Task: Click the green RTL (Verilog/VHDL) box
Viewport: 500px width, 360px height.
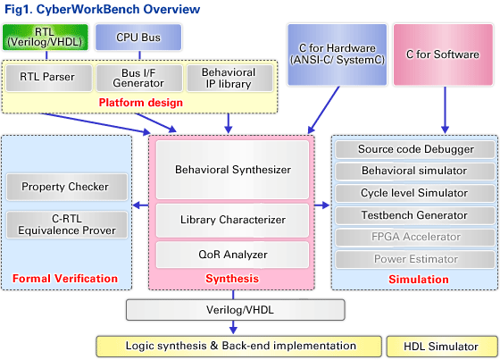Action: point(45,37)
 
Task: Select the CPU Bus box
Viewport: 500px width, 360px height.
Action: point(138,37)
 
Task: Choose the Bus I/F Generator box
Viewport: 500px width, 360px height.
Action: point(139,78)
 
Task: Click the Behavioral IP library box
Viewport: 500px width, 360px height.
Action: point(229,78)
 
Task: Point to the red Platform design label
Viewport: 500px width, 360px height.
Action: point(141,103)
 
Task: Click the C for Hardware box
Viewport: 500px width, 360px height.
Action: point(337,54)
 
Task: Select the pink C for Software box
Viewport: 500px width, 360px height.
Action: point(443,54)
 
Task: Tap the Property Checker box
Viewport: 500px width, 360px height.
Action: point(67,187)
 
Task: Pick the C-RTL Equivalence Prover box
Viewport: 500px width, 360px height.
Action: point(67,224)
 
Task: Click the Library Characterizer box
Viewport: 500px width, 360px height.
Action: point(232,221)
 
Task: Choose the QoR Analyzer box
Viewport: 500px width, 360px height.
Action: point(232,255)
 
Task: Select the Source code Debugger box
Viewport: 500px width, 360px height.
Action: point(415,149)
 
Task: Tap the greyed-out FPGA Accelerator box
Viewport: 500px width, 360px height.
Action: point(415,237)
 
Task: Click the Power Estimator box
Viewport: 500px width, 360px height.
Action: point(415,259)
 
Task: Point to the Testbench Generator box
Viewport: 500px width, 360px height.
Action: point(415,215)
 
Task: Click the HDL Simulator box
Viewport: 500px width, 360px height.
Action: point(442,347)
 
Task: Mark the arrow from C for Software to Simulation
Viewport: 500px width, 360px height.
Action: point(446,110)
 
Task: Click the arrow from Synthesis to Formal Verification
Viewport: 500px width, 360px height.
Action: point(140,205)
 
